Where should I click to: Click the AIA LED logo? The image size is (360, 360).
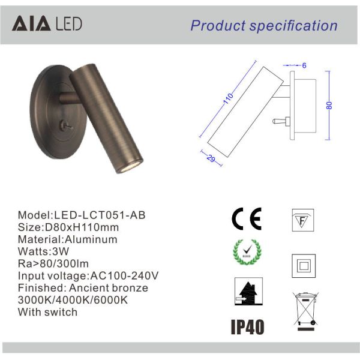pos(47,23)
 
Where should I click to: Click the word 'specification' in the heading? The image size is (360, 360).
pos(293,26)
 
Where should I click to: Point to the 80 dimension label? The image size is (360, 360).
pos(329,106)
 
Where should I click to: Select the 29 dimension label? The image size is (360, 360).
pos(211,158)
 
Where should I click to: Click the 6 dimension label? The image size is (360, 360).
pos(304,65)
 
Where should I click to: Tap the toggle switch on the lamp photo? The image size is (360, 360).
pos(65,125)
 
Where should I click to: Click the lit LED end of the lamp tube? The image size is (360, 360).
pos(129,166)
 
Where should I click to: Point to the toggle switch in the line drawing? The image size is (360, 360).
pos(281,121)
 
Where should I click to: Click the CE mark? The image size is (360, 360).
pos(247,219)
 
